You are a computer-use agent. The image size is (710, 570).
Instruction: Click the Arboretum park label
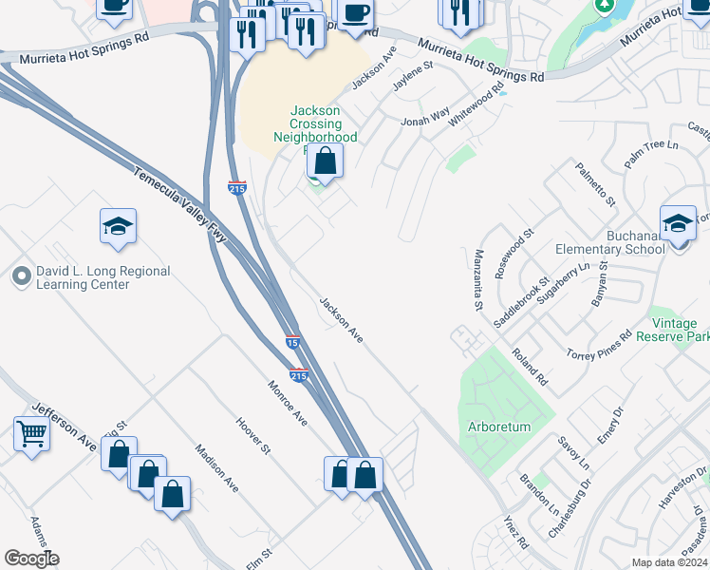coord(499,427)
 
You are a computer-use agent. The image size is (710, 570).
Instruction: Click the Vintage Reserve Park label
coord(673,331)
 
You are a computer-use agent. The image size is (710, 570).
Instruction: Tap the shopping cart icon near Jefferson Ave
coord(32,434)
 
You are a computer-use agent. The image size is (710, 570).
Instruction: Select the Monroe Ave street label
coord(288,403)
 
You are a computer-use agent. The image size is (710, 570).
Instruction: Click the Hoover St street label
coord(253,435)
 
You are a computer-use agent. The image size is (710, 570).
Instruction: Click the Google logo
coord(31,559)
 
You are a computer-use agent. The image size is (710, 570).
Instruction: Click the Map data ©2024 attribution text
coord(668,562)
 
